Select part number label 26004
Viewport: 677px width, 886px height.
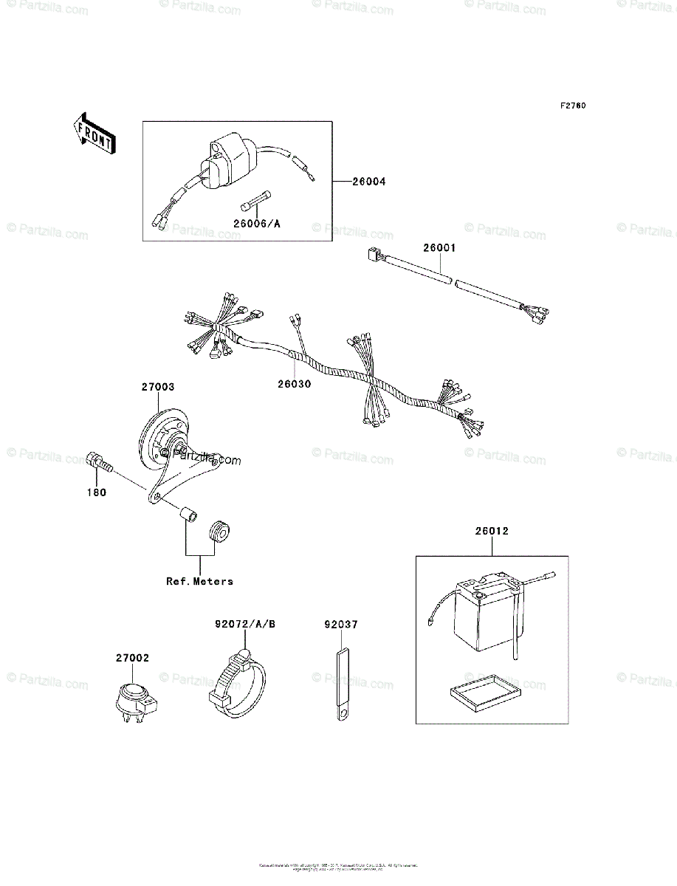368,182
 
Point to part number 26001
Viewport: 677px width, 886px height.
439,249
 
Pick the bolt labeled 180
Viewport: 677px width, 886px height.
99,463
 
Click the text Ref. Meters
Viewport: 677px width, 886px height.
199,581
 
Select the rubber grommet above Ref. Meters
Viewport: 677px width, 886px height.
219,531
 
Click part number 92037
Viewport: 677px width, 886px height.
340,625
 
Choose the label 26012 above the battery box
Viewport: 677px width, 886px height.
492,531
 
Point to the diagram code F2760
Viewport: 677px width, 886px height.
572,106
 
